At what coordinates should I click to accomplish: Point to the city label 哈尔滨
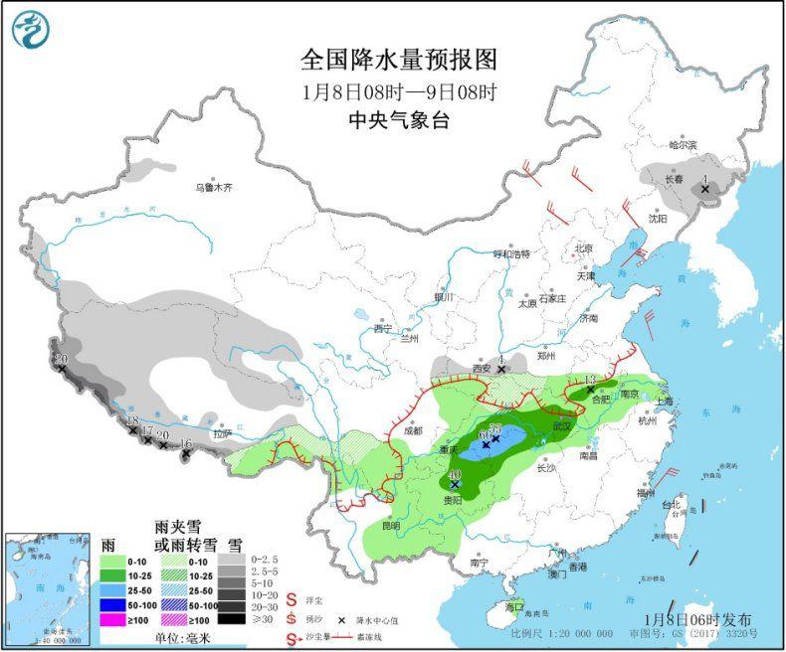tap(684, 145)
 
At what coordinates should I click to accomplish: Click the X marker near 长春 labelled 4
tap(705, 188)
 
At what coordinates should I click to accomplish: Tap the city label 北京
tap(582, 248)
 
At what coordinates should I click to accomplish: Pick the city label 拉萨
tap(221, 433)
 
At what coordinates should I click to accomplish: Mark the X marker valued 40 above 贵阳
tap(455, 485)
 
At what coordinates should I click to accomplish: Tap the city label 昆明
tap(388, 525)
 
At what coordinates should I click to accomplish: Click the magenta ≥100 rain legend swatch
tap(118, 619)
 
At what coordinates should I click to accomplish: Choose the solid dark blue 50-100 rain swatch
tap(118, 603)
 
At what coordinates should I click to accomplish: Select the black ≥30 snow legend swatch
tap(233, 619)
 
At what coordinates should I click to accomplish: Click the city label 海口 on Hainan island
tap(513, 605)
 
